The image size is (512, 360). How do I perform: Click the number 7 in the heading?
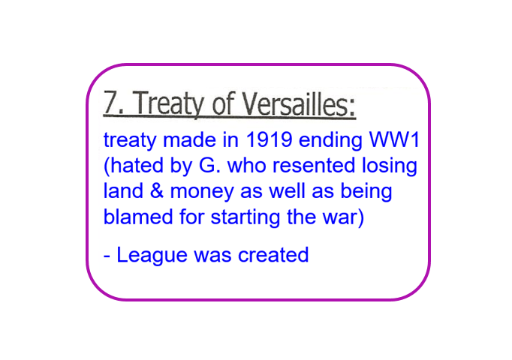[111, 102]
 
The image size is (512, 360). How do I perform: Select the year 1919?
[269, 139]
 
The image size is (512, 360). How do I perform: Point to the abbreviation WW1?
[394, 139]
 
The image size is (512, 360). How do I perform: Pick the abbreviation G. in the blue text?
[209, 165]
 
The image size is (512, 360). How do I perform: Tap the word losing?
[390, 166]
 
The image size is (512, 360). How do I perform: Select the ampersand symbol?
[157, 190]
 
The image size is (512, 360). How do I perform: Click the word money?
[202, 193]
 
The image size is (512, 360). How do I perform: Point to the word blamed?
[138, 217]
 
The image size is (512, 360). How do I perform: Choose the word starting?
[245, 217]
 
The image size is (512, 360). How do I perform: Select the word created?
[273, 255]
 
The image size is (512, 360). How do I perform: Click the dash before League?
[107, 256]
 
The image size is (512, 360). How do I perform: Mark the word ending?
[330, 141]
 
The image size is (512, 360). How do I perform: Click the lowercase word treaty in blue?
[130, 141]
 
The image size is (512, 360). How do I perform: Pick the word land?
[123, 190]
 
